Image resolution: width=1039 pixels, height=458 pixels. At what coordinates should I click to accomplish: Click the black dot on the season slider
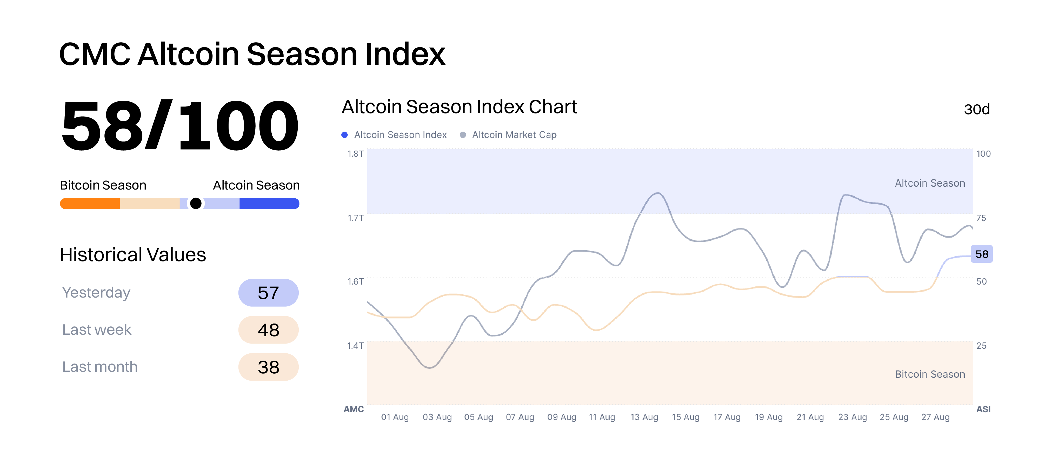[196, 204]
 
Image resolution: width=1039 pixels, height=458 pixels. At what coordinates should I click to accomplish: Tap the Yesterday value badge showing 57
[268, 293]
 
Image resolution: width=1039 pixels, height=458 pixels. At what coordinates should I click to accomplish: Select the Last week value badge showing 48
[268, 330]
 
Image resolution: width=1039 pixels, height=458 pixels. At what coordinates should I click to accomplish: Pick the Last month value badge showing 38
[268, 367]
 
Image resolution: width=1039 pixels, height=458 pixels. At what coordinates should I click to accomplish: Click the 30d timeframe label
[976, 109]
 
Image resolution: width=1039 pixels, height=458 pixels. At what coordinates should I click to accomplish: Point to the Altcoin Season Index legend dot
[344, 135]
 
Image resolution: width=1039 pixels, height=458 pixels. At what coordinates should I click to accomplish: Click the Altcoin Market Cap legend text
[514, 135]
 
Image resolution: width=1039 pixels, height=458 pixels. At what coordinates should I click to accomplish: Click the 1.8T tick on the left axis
[355, 154]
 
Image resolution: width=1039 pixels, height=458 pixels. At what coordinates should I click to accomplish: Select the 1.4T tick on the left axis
[355, 346]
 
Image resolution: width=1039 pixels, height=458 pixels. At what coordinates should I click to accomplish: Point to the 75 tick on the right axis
[981, 218]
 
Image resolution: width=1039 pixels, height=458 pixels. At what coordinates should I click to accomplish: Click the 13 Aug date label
[644, 417]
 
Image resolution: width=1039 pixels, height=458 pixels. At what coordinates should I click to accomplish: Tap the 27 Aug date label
[935, 417]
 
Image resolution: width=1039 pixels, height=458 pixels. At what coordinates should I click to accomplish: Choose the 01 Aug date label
[395, 417]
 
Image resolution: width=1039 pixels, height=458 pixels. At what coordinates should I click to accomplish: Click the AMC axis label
[354, 409]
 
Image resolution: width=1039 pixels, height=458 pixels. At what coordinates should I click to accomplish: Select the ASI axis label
[983, 409]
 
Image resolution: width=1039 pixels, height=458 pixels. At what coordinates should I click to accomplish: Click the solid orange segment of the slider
[90, 204]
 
